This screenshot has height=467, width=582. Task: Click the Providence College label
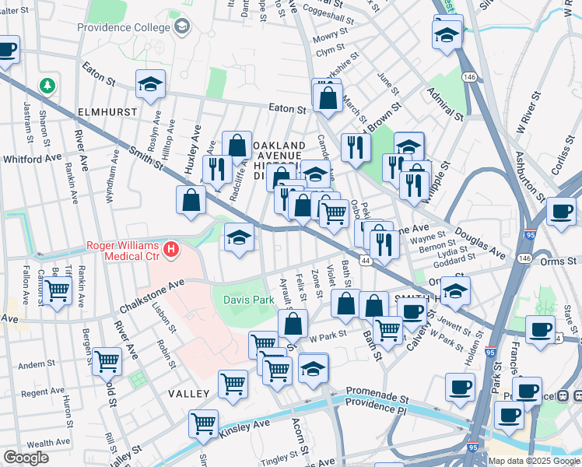pos(124,27)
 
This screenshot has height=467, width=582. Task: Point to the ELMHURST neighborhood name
pos(107,112)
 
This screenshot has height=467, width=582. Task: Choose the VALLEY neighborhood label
pos(189,395)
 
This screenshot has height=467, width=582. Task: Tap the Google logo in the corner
pos(26,458)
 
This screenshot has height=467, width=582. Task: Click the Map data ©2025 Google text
pos(534,461)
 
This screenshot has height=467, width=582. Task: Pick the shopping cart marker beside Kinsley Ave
pos(203,424)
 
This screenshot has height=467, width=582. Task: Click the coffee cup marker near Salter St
pos(6,51)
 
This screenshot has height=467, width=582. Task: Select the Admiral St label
pos(444,104)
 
